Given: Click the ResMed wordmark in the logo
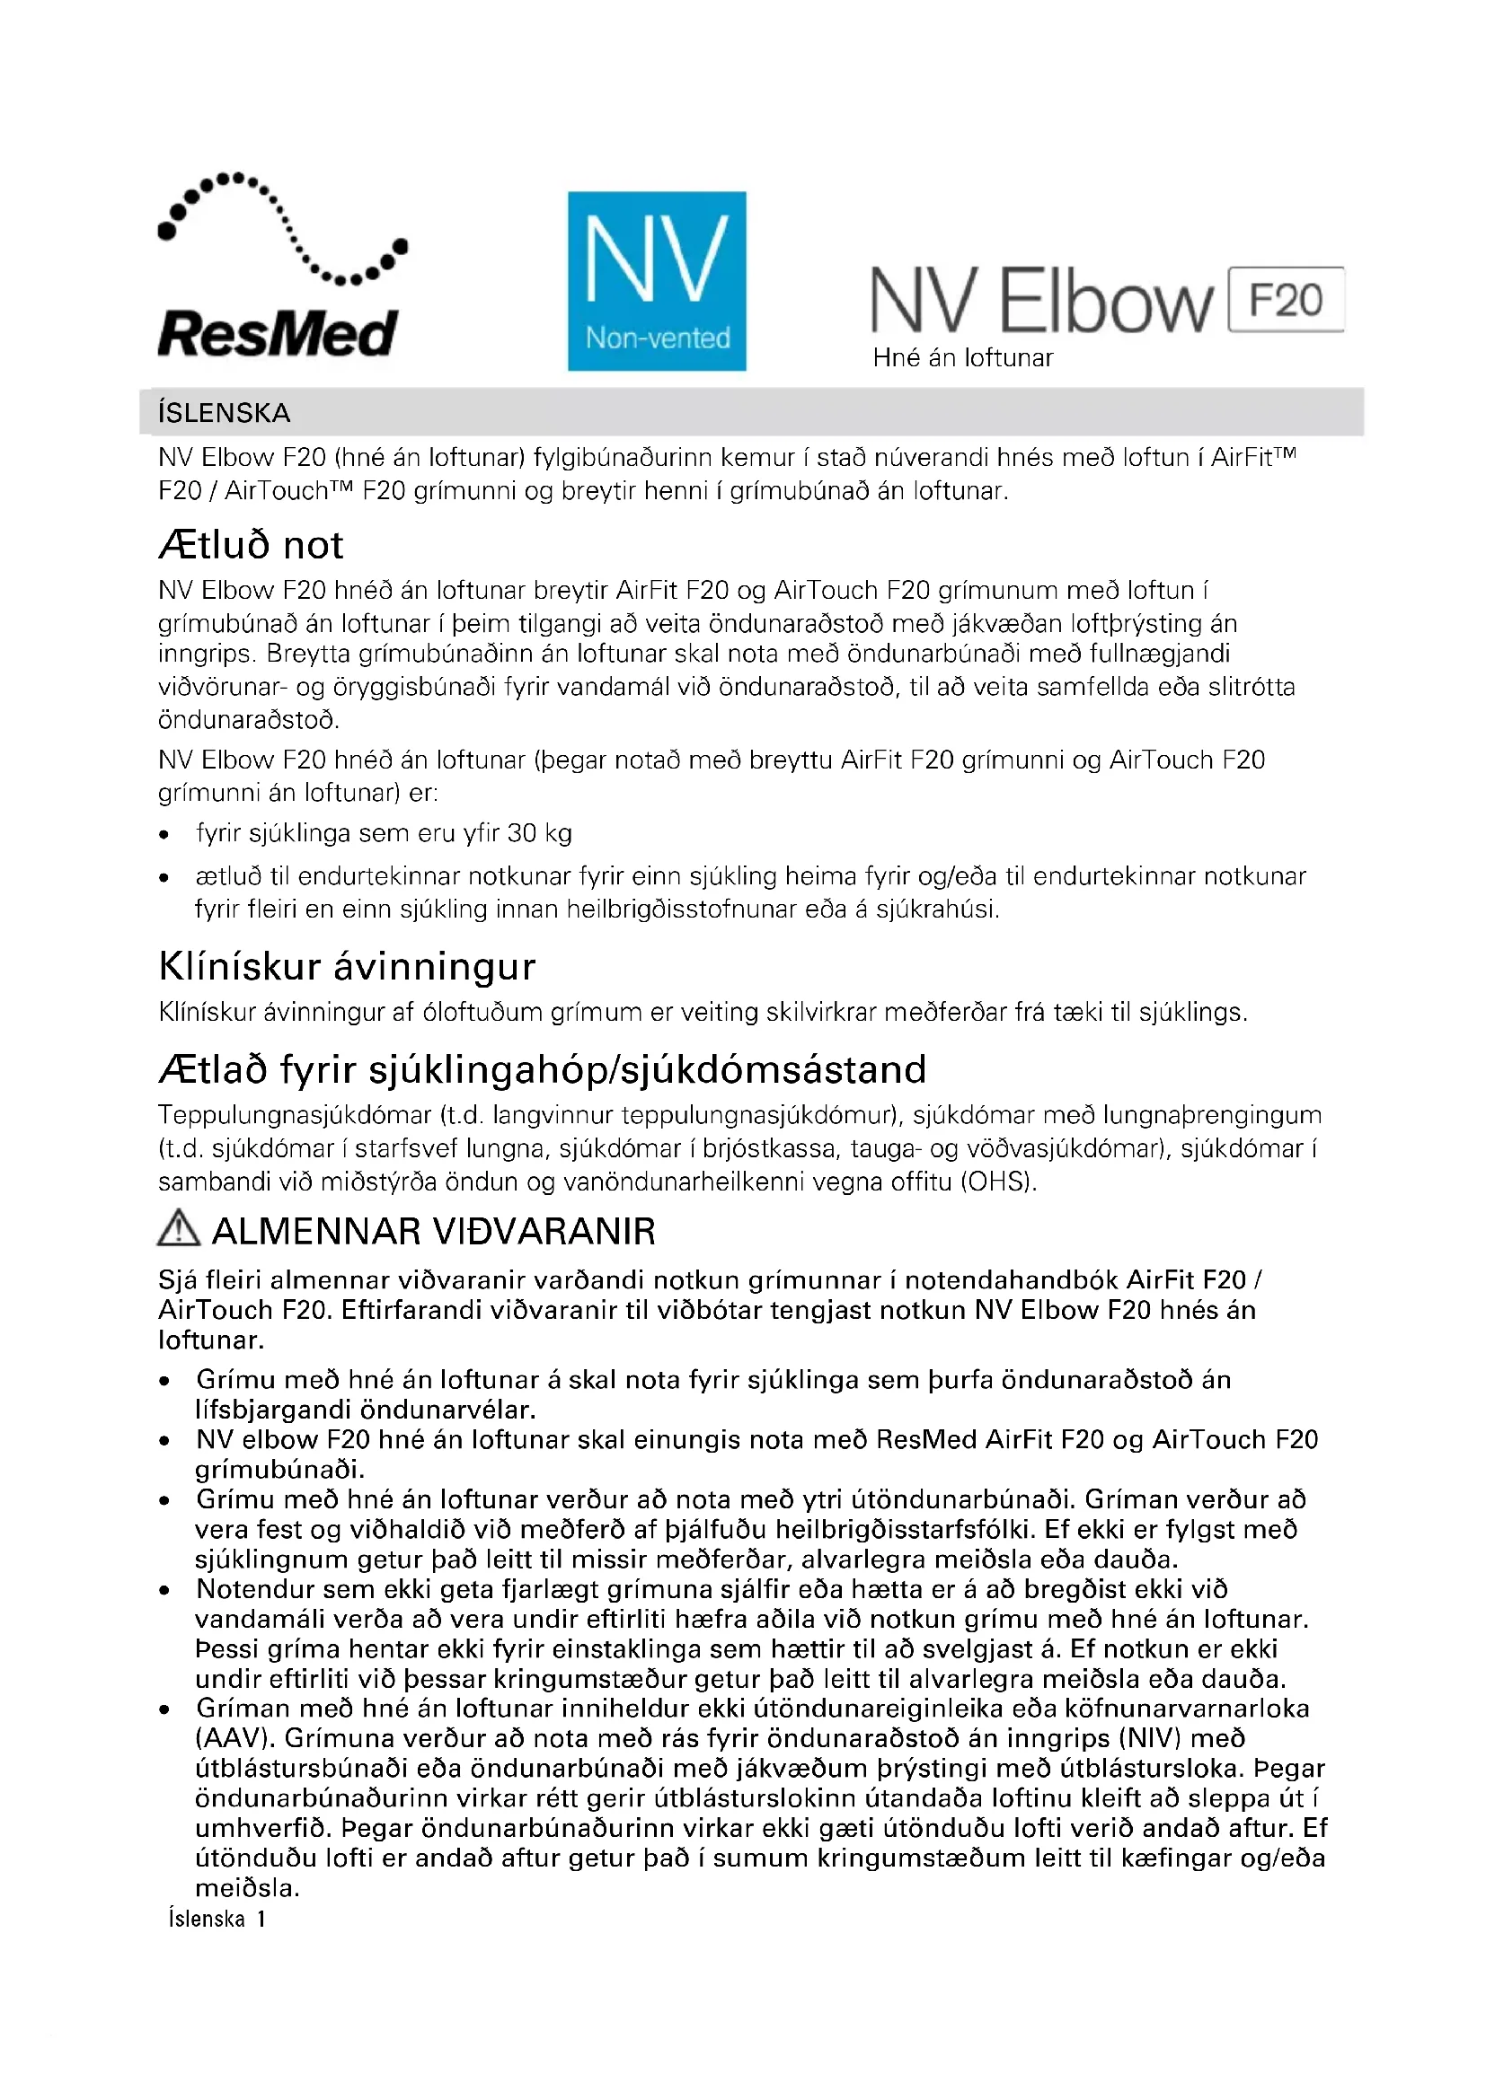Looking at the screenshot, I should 278,334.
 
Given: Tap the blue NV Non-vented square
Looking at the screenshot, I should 657,281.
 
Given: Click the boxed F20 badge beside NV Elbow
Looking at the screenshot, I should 1286,300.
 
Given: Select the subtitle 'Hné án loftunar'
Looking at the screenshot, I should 962,357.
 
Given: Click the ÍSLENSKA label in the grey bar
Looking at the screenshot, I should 225,413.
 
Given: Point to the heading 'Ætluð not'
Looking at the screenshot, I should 251,545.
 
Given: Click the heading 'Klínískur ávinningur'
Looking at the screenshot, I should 347,966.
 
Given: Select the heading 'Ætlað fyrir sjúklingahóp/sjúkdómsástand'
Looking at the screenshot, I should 543,1069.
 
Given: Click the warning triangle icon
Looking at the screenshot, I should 179,1228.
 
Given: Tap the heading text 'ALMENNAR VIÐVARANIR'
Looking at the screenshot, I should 434,1232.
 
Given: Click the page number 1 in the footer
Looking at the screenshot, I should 261,1919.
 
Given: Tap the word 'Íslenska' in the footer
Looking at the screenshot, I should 207,1919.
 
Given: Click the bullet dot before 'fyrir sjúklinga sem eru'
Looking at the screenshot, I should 164,834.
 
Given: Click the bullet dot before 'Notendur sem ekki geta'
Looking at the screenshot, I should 164,1591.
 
